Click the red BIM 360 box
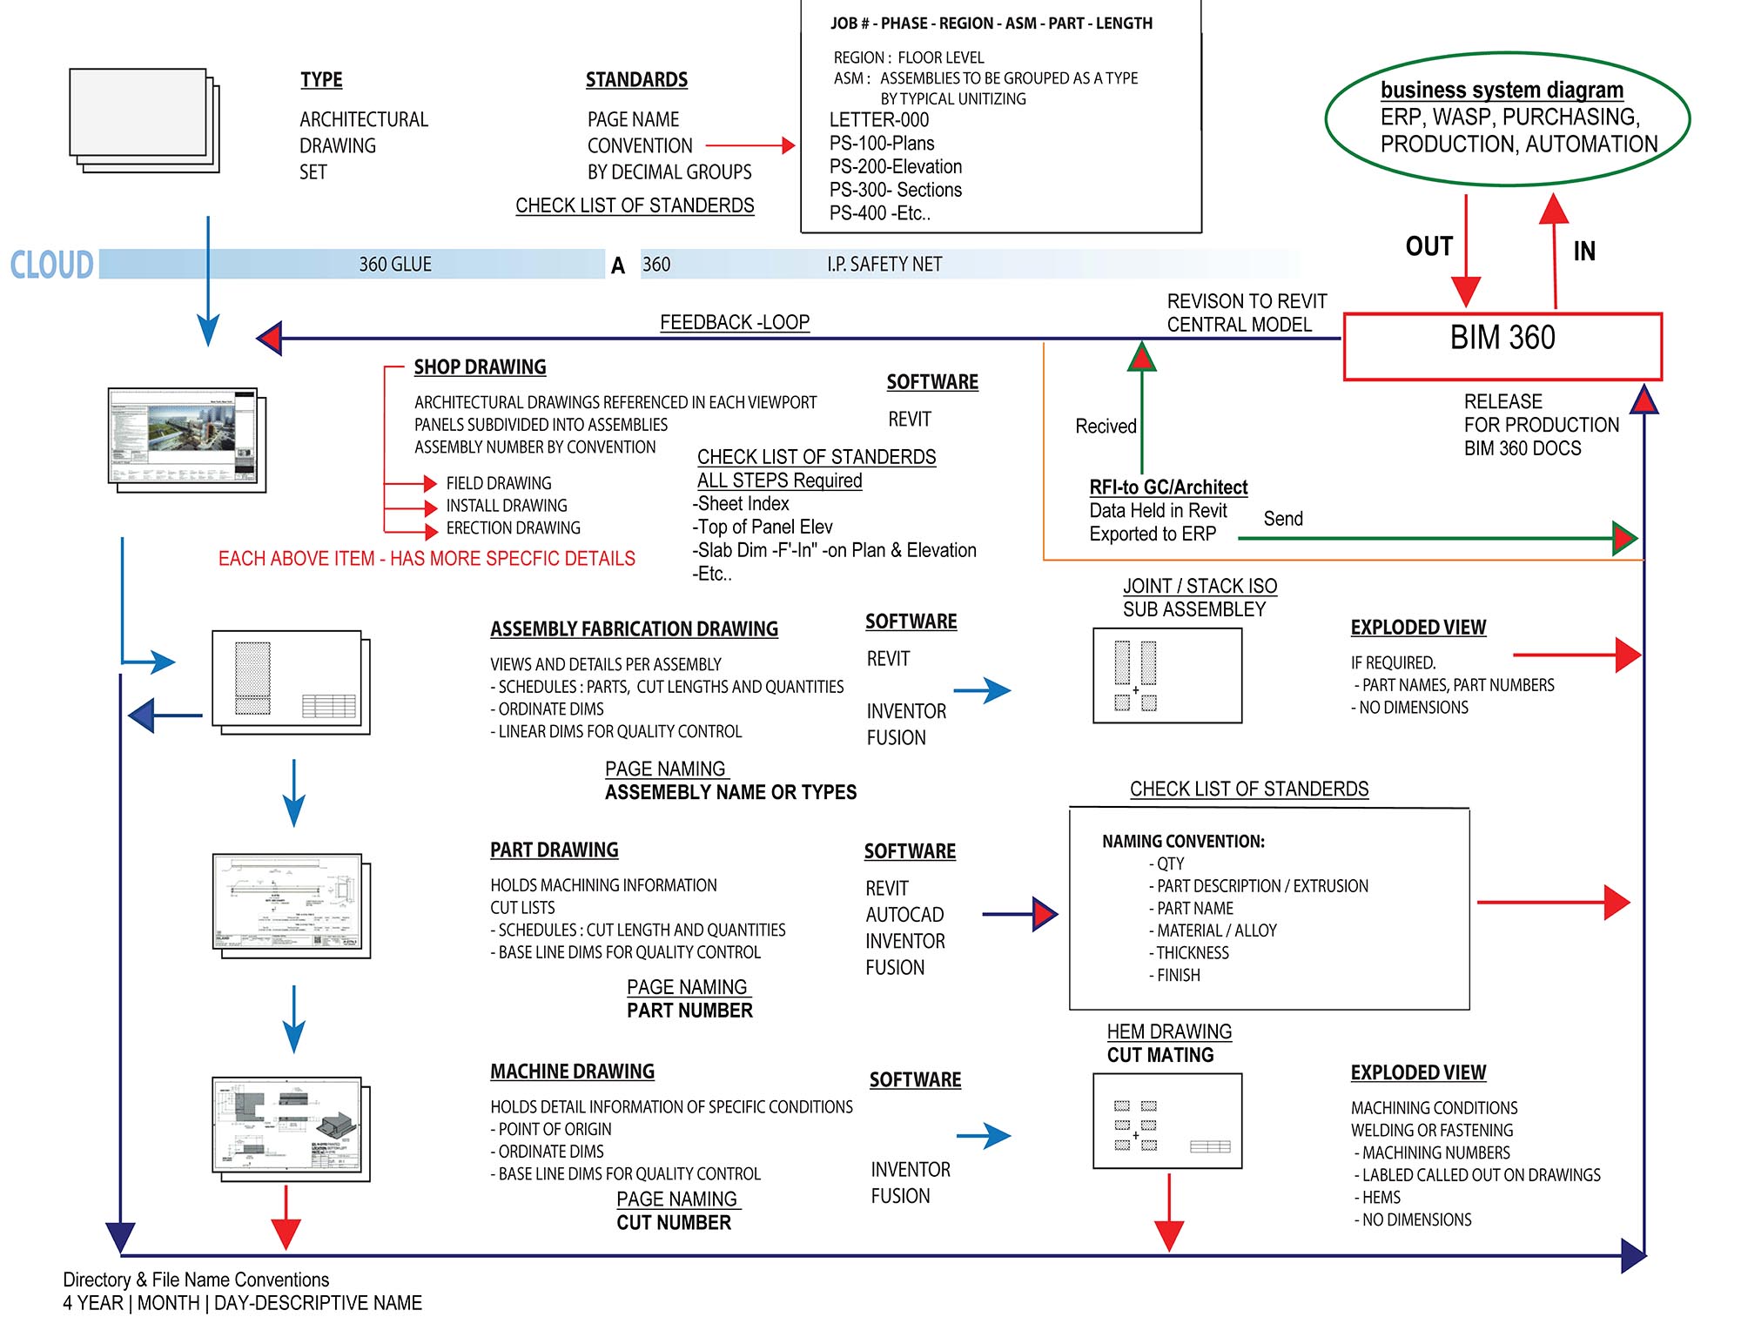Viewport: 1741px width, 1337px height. coord(1502,346)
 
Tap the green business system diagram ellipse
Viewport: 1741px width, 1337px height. coord(1507,118)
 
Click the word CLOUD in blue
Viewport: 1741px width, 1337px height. coord(51,265)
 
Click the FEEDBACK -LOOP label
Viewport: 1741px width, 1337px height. coord(734,322)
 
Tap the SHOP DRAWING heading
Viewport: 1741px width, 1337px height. coord(480,367)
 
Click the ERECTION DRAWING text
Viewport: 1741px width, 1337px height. coord(513,528)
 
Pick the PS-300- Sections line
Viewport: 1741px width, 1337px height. coord(895,190)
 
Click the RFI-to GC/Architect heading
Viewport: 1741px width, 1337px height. coord(1167,487)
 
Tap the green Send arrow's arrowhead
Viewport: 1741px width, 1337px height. coord(1623,538)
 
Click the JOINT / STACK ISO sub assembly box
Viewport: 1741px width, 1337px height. coord(1166,675)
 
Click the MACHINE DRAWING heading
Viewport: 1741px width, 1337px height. coord(572,1072)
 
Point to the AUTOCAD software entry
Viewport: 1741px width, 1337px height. coord(904,915)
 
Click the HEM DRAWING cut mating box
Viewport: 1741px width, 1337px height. coord(1166,1120)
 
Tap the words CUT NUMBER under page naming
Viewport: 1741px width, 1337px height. coord(674,1223)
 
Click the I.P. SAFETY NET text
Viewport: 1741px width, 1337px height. coord(884,265)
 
